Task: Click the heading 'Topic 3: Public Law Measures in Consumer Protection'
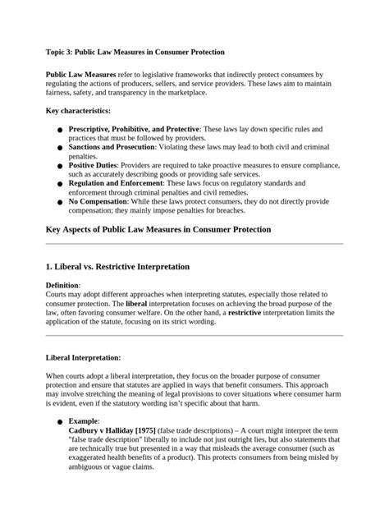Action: tap(135, 52)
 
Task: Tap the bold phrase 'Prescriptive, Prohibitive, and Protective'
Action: tap(134, 130)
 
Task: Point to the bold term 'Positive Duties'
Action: tap(94, 165)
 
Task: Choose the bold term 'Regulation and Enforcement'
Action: tap(114, 183)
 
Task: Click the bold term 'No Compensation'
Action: tap(98, 200)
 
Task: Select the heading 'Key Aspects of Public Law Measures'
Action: tap(158, 229)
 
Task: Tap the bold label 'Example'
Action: tap(85, 420)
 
